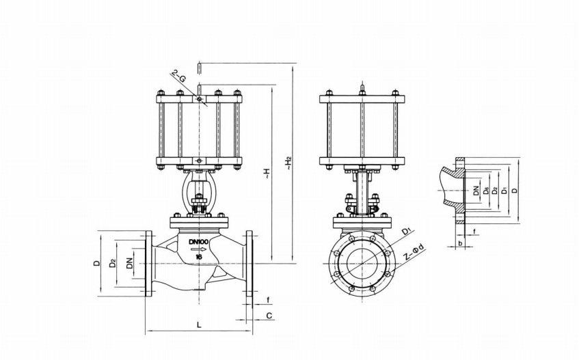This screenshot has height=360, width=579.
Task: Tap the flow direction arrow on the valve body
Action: pos(198,249)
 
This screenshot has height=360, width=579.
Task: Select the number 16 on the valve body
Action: pos(198,257)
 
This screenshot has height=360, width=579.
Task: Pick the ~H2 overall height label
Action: pos(290,163)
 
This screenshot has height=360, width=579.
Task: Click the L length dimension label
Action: pos(199,325)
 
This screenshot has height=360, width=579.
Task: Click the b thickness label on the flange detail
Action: pos(460,243)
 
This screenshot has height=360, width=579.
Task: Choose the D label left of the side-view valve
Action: pos(97,263)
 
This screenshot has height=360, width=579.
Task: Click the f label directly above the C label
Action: pos(269,299)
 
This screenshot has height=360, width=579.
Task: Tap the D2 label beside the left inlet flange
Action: pos(113,263)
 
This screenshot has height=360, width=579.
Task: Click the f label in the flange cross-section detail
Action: pos(474,232)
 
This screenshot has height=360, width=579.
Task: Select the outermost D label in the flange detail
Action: pos(515,190)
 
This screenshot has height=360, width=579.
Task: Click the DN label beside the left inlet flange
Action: pos(129,263)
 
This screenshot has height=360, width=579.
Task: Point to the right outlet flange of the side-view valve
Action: pos(248,264)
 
